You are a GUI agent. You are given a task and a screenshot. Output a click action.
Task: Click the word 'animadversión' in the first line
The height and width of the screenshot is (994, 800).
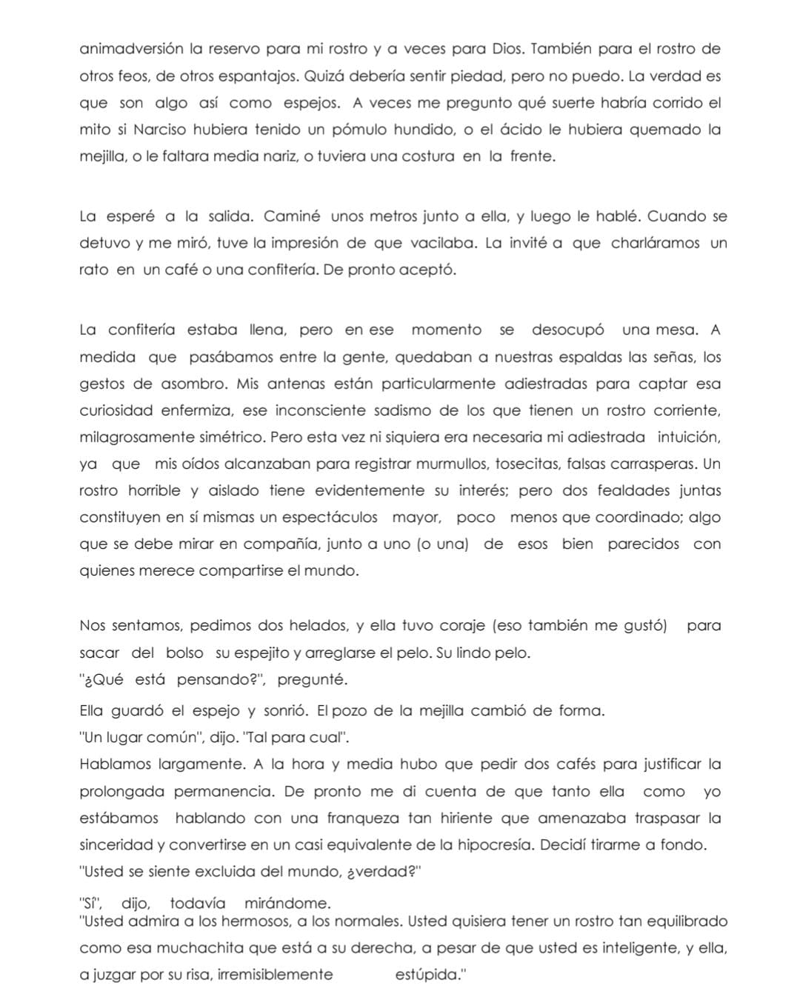pyautogui.click(x=131, y=50)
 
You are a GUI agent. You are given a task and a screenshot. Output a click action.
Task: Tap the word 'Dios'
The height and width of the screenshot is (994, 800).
pyautogui.click(x=508, y=50)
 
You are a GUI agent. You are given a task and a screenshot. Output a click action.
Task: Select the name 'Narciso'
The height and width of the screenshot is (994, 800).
pyautogui.click(x=159, y=130)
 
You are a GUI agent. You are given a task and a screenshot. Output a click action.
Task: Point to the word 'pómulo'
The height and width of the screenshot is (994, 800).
pyautogui.click(x=360, y=130)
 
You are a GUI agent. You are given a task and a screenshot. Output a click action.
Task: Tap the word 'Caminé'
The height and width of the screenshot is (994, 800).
pyautogui.click(x=292, y=217)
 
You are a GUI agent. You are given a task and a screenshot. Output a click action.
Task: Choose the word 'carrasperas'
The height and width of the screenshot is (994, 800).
pyautogui.click(x=655, y=464)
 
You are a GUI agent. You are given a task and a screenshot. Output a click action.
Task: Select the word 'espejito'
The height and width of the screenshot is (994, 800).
pyautogui.click(x=252, y=653)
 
